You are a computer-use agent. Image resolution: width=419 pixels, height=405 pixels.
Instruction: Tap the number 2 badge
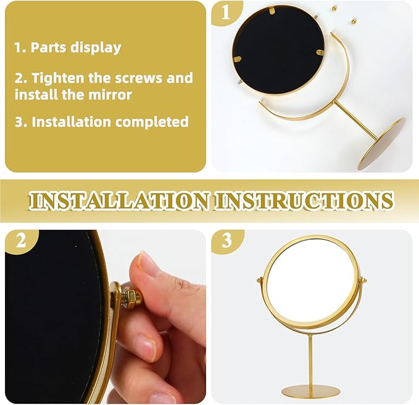click(21, 240)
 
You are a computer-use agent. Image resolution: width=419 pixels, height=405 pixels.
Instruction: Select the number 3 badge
click(226, 240)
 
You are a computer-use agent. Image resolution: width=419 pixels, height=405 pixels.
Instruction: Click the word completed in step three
click(152, 122)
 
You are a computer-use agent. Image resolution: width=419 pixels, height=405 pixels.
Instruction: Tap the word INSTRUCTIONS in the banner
click(304, 201)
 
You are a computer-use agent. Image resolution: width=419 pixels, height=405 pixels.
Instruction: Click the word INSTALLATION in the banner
click(118, 201)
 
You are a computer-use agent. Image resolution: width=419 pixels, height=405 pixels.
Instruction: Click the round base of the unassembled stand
click(381, 144)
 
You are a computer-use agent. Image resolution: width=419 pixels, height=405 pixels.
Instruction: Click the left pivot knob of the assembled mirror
click(259, 280)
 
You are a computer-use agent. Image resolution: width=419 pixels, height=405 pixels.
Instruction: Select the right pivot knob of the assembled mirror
click(363, 280)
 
